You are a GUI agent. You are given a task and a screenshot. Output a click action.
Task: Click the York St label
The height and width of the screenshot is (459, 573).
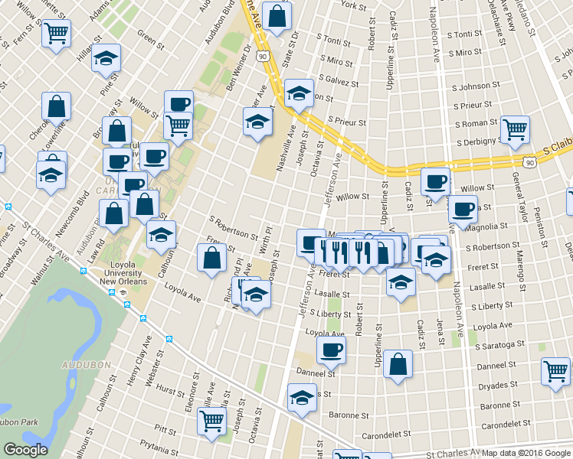point(354,6)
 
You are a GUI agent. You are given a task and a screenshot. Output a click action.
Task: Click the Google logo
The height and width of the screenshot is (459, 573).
point(25,450)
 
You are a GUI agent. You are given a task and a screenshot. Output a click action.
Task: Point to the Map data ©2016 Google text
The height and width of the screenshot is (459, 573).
point(526,453)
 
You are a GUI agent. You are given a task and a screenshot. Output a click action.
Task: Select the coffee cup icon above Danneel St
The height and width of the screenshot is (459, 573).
point(331,349)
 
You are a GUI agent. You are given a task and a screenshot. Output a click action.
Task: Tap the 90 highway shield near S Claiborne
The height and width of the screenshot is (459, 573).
point(529,162)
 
